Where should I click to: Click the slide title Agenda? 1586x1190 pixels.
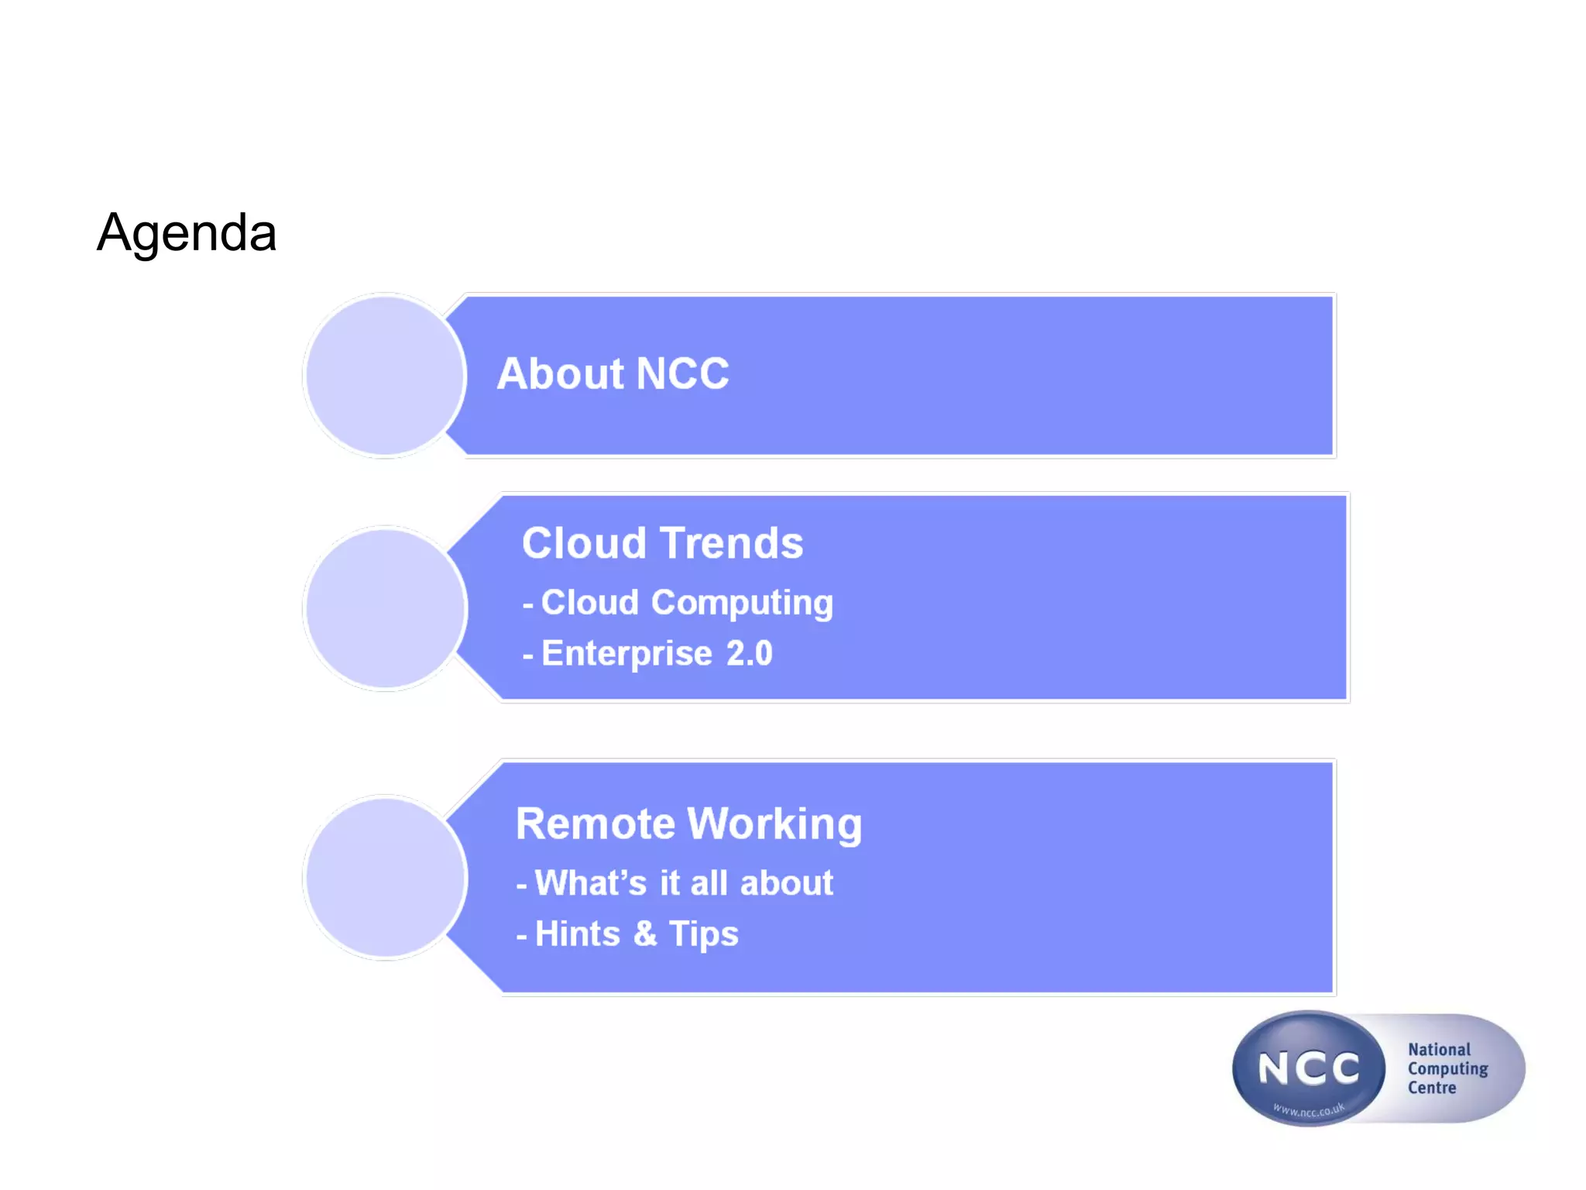click(x=187, y=233)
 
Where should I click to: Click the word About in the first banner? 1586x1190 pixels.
click(x=559, y=374)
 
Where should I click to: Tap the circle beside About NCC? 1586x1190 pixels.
click(x=385, y=376)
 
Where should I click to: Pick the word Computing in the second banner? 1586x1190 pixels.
click(x=742, y=604)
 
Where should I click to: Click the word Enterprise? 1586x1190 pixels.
click(x=626, y=654)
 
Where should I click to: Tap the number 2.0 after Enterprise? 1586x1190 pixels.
click(x=749, y=654)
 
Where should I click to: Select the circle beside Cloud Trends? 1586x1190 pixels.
click(x=385, y=609)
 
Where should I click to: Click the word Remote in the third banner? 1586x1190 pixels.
click(x=595, y=824)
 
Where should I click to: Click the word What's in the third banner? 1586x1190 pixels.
click(x=590, y=883)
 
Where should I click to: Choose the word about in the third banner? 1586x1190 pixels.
click(x=787, y=883)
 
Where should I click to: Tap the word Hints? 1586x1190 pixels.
click(x=578, y=934)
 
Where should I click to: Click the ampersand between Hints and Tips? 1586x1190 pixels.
click(x=645, y=934)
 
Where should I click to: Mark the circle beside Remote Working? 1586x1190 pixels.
click(x=385, y=878)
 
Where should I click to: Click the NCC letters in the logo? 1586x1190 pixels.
click(x=1309, y=1069)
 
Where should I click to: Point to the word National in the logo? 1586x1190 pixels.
click(x=1439, y=1050)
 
